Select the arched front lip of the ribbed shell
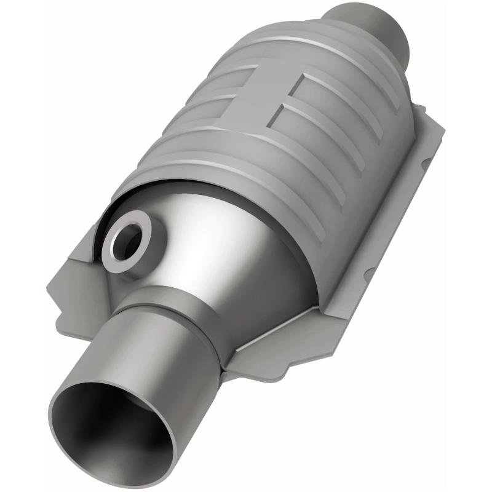(203, 178)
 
